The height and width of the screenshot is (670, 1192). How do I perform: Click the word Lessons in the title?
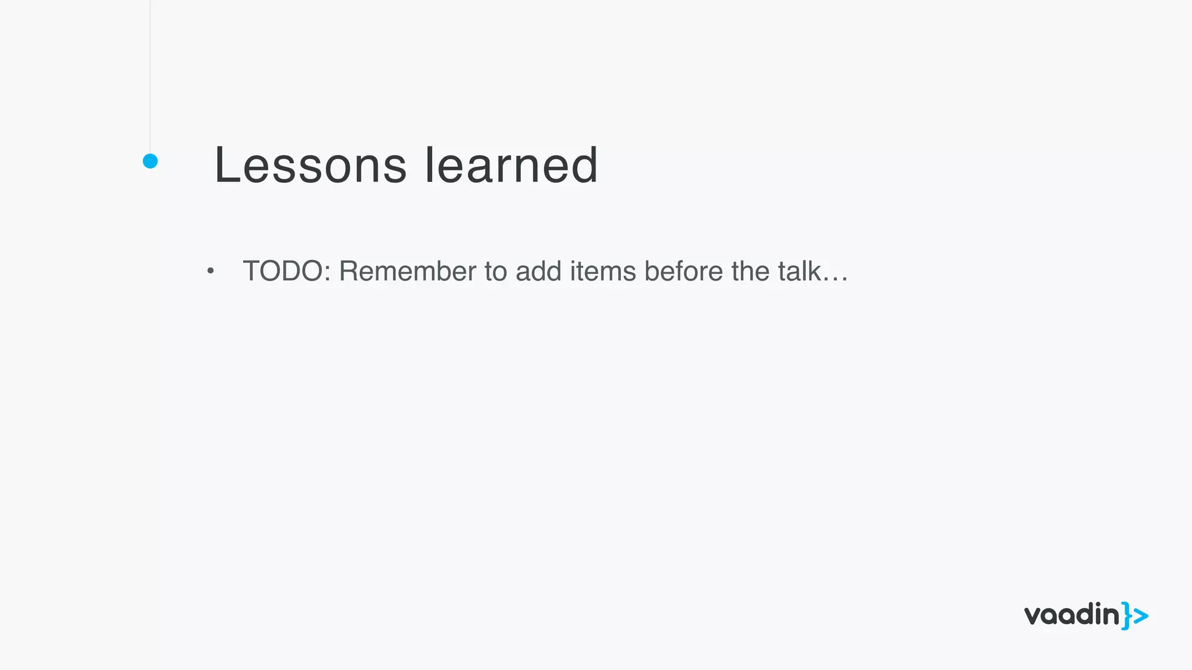point(310,166)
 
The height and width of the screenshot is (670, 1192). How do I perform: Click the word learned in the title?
point(511,166)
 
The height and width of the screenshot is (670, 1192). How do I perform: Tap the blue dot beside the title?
point(150,161)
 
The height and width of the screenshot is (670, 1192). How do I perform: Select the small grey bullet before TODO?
point(211,271)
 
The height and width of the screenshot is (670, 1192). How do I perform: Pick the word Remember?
point(407,272)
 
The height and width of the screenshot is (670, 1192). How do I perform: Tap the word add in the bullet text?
point(538,272)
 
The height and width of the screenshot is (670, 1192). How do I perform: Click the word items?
point(602,272)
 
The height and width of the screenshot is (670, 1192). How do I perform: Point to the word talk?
point(799,272)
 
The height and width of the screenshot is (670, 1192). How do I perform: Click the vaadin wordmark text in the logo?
point(1072,615)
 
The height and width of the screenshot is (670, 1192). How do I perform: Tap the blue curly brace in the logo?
point(1127,616)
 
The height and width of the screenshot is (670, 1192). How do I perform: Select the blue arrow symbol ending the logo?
point(1141,616)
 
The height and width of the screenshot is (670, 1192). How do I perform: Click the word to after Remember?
point(495,272)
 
